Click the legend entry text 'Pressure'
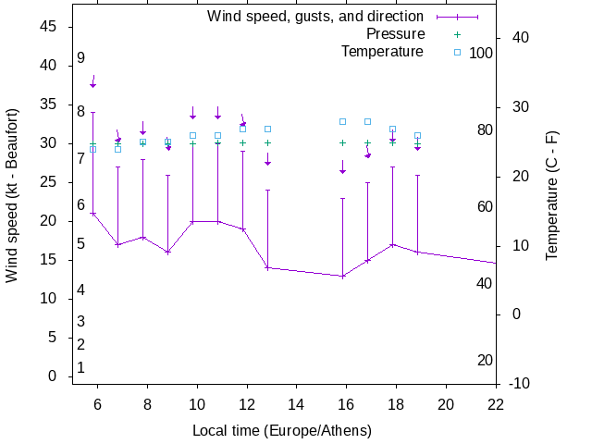pos(396,34)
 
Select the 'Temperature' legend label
pos(382,51)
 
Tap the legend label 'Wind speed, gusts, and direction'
pos(315,17)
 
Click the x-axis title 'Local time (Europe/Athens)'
pos(282,431)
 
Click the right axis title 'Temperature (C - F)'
pos(551,194)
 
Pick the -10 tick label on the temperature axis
pos(520,383)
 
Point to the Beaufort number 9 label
pos(81,57)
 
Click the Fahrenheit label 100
pos(481,53)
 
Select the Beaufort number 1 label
pos(81,367)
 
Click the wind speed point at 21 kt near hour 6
pos(92,214)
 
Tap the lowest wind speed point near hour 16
pos(342,276)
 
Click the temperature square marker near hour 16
pos(342,121)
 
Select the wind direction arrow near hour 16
pos(342,167)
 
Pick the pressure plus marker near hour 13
pos(267,142)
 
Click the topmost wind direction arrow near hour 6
pos(92,81)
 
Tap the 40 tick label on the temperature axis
pos(520,37)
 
